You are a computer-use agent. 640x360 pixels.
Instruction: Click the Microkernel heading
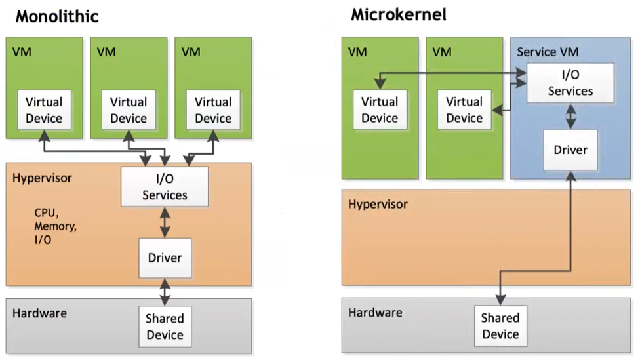[x=399, y=14]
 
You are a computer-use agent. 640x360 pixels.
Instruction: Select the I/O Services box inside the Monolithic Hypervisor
[x=165, y=187]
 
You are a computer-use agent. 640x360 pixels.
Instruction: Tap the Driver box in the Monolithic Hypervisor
[x=165, y=257]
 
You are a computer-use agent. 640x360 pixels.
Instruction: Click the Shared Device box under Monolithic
[x=165, y=327]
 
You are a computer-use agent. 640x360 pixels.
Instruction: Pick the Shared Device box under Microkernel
[x=500, y=326]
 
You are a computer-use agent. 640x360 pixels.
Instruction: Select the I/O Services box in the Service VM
[x=570, y=83]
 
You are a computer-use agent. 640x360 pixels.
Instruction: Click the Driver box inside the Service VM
[x=570, y=150]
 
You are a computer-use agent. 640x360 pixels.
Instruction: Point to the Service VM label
[x=548, y=52]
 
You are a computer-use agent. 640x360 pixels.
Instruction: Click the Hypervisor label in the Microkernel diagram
[x=378, y=204]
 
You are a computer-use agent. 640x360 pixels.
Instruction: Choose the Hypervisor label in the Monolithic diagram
[x=42, y=178]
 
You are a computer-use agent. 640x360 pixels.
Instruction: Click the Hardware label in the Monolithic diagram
[x=39, y=313]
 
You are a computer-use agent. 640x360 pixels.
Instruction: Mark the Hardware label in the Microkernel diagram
[x=375, y=313]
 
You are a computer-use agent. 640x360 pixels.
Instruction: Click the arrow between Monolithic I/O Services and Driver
[x=165, y=222]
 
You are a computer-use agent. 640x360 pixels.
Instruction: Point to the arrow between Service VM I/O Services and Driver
[x=570, y=117]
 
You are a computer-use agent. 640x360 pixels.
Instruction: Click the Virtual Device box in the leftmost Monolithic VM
[x=44, y=110]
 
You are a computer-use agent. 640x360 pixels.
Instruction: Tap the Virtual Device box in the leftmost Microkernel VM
[x=380, y=110]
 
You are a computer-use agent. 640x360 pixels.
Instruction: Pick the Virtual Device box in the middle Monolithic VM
[x=129, y=110]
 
